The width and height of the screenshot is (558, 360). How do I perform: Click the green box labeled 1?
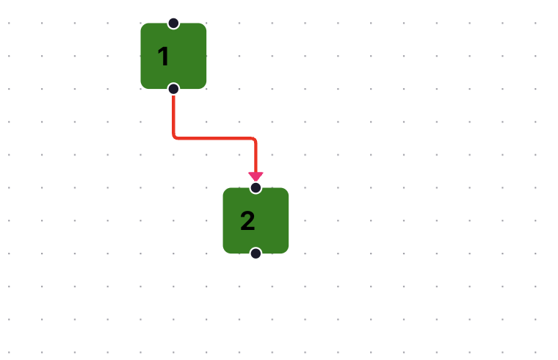(173, 56)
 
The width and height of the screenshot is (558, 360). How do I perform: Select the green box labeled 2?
(256, 220)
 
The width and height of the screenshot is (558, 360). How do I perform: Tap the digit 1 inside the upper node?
(163, 57)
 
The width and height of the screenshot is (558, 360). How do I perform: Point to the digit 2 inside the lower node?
(247, 220)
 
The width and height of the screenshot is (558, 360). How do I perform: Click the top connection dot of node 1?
(173, 24)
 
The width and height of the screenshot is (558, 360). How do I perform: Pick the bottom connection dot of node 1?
(173, 89)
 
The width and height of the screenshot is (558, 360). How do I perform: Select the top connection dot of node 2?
(256, 187)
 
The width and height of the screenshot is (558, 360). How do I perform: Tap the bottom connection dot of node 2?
(256, 253)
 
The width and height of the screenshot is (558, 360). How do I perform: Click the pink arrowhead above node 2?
(256, 176)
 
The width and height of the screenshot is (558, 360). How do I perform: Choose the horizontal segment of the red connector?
(214, 138)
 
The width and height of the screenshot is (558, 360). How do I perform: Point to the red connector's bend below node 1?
(175, 137)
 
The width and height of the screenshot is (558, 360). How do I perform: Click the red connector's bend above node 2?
(255, 139)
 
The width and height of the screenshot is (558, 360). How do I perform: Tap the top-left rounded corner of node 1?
(143, 26)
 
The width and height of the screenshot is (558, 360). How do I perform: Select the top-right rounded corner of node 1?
(204, 26)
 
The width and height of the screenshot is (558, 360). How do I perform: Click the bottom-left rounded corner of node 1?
(143, 87)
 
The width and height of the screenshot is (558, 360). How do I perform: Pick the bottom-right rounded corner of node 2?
(286, 251)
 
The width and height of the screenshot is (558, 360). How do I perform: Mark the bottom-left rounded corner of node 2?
(225, 251)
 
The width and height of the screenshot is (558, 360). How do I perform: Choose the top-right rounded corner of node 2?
(286, 190)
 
